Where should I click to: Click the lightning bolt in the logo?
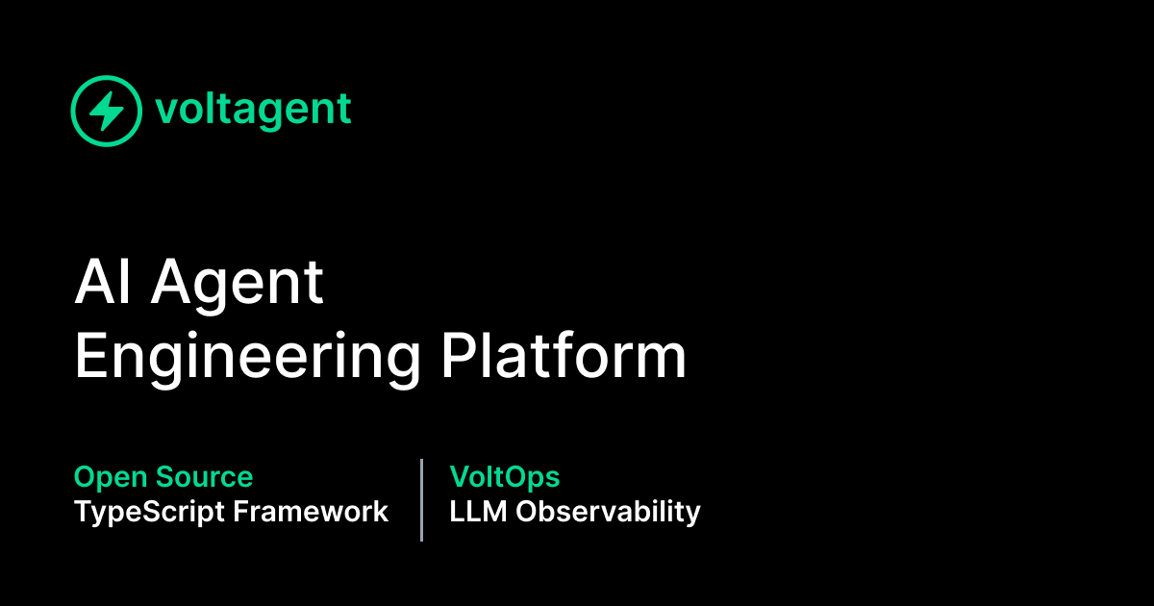[x=107, y=111]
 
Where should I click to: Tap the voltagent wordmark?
[x=253, y=111]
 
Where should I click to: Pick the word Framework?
[x=311, y=512]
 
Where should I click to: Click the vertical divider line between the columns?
[x=421, y=499]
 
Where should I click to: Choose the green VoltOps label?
[x=504, y=477]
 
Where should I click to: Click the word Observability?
[x=608, y=512]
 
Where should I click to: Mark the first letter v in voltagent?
[x=164, y=112]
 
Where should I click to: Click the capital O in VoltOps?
[x=513, y=477]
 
